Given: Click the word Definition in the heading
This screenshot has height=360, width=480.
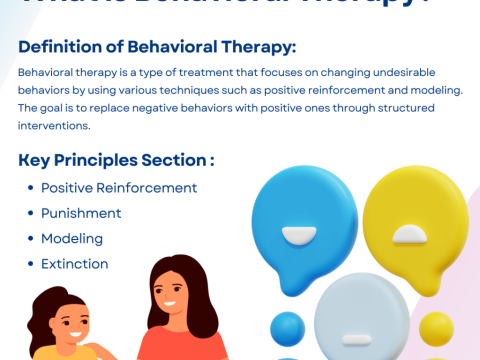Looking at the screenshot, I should pyautogui.click(x=62, y=47).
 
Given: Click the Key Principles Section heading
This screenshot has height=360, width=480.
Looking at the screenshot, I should pyautogui.click(x=116, y=161).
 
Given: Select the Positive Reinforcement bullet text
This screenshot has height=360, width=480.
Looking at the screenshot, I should pyautogui.click(x=118, y=188).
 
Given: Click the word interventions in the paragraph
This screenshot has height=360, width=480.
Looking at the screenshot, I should pyautogui.click(x=53, y=126).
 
